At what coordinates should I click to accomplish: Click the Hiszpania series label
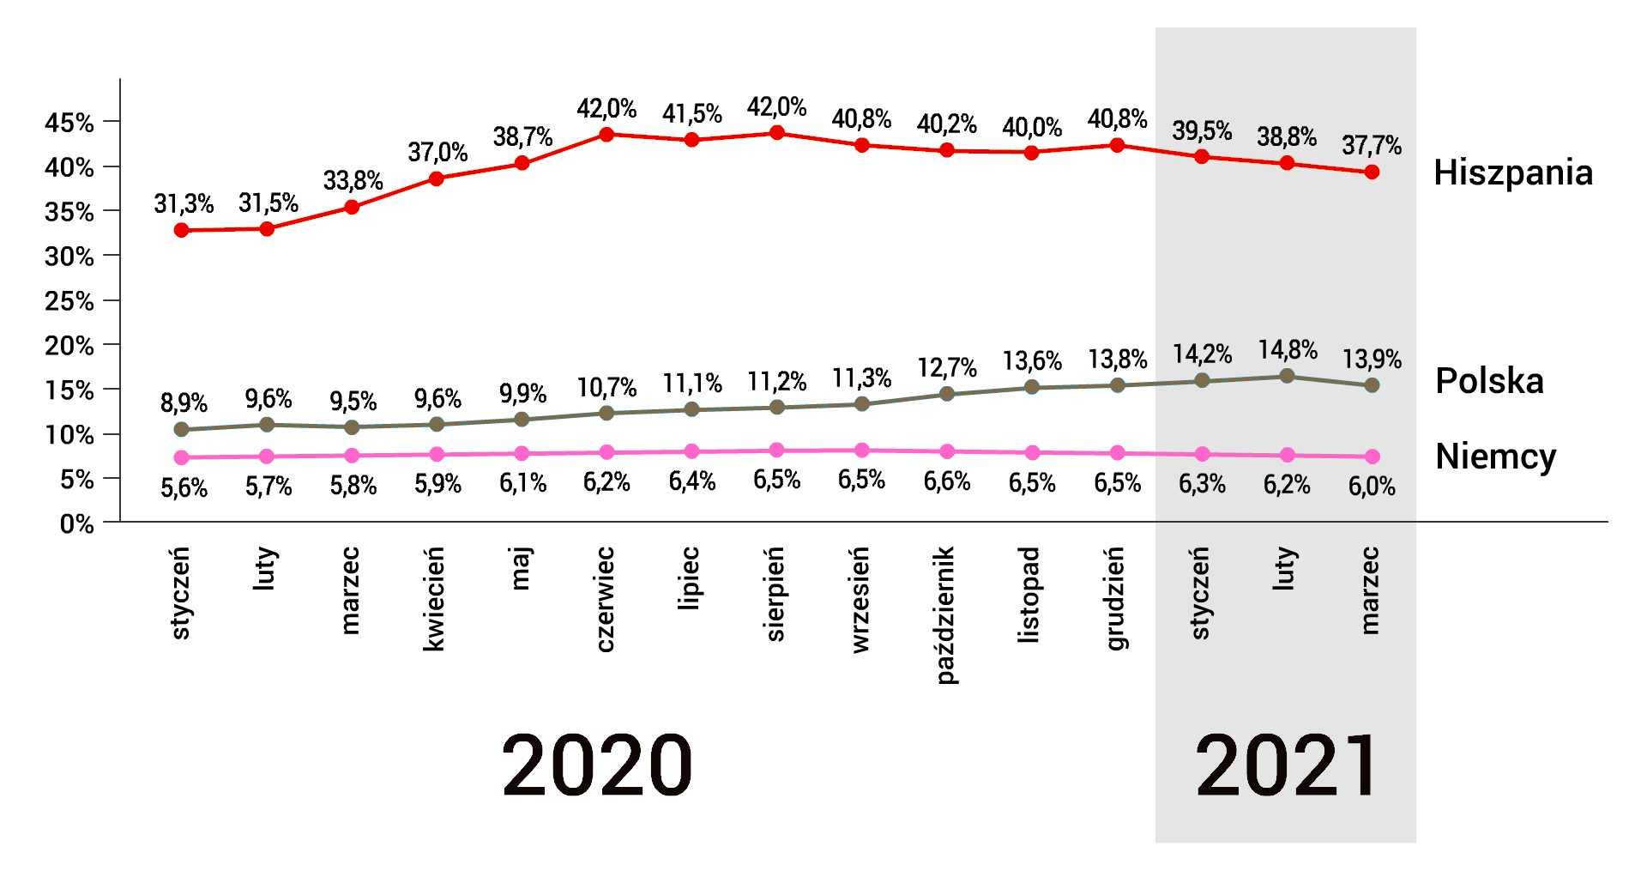1513,172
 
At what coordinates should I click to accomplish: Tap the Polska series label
1489,381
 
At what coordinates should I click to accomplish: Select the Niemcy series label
1496,457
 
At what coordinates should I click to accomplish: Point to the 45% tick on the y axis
69,123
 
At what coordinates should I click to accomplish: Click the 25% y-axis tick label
69,301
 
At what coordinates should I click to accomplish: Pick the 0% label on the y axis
76,523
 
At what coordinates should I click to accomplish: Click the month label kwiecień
434,599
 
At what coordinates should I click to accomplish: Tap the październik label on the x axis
945,615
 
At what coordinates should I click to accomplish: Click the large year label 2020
597,765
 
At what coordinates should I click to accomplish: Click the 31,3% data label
184,204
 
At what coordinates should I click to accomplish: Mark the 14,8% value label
1288,350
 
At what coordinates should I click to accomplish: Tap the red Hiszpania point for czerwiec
606,135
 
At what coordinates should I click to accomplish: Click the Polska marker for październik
947,394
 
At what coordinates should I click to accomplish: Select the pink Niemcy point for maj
522,453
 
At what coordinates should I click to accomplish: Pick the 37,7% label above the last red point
1372,146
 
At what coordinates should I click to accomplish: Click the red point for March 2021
1372,172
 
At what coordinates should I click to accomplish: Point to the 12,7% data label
947,368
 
